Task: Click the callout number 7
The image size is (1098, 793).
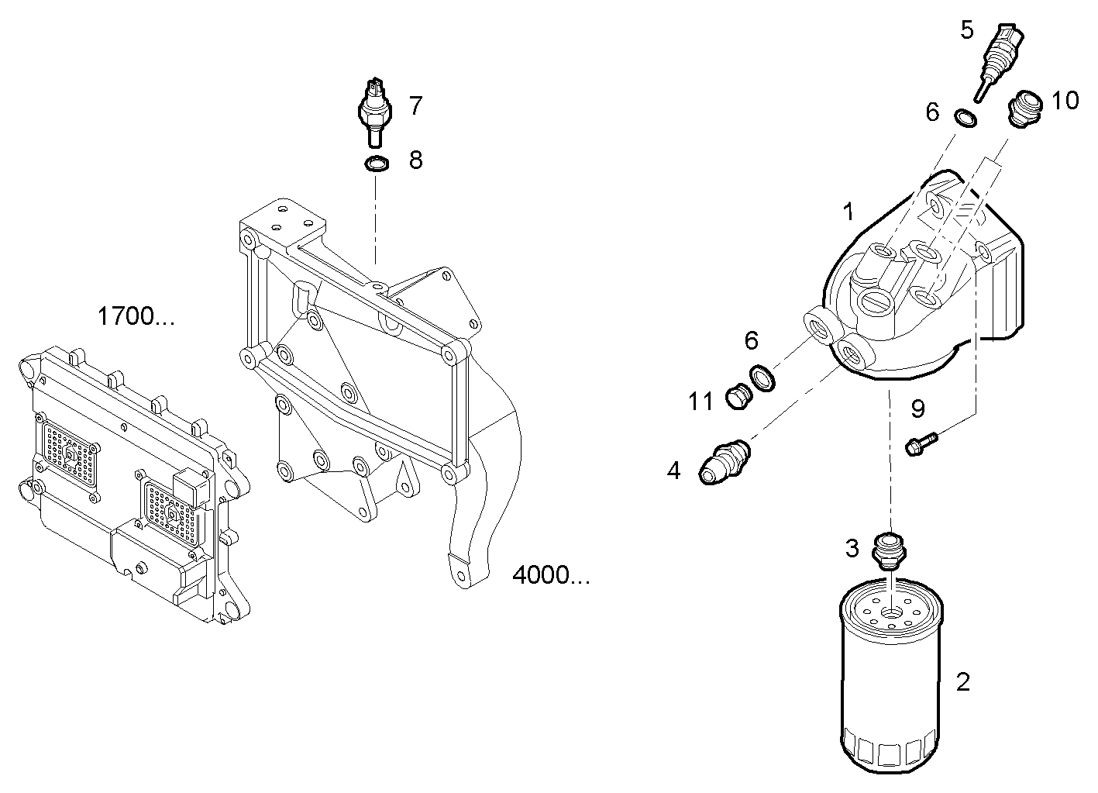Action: pos(415,105)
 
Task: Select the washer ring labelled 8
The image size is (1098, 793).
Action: pos(375,164)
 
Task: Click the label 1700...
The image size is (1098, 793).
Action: pos(136,316)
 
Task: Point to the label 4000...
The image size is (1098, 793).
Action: pos(551,575)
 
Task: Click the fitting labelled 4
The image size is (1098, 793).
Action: pos(723,460)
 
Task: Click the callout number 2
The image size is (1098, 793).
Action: pos(962,682)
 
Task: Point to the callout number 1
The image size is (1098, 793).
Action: pos(848,211)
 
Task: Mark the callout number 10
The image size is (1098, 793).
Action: pos(1065,100)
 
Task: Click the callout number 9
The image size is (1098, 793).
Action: pos(918,408)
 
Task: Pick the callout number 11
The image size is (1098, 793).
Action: pos(700,402)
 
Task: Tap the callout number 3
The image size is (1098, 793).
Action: pos(852,549)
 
